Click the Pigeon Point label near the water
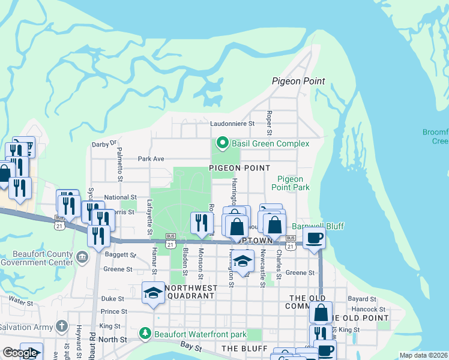298,81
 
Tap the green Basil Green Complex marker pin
222,143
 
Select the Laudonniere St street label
234,124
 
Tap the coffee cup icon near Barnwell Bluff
314,238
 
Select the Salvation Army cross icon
61,326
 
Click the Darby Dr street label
104,144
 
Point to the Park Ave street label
151,159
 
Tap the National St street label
121,197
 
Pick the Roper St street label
270,123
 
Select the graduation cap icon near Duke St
152,293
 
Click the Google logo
20,353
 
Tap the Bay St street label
193,347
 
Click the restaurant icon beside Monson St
201,223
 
